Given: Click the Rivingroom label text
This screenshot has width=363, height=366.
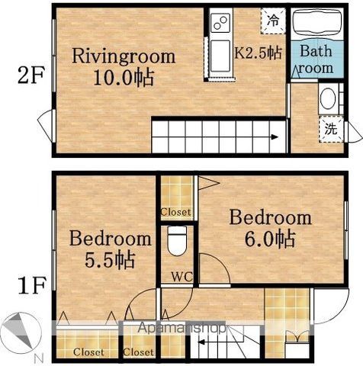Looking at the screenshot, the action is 124,56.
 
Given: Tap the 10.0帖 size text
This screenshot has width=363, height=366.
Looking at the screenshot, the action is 124,77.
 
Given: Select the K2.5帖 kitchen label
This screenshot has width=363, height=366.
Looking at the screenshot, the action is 258,53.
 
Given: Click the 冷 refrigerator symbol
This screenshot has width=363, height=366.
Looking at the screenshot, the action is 273,21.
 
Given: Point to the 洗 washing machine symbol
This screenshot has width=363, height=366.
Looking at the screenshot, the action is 331,129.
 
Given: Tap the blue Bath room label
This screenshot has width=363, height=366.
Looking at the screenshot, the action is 316,59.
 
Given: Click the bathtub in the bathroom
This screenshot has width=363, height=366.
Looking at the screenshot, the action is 316,24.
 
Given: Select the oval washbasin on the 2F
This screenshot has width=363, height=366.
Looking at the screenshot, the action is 328,98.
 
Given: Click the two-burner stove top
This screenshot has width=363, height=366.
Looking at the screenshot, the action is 220,22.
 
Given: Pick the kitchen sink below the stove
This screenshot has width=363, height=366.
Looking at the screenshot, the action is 220,56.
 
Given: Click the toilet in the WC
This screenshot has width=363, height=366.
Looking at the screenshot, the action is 177,241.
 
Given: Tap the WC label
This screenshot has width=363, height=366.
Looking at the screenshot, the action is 182,277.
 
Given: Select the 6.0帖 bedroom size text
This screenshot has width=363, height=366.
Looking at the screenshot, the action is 270,239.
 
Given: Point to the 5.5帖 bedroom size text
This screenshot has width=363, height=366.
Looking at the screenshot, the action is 110,260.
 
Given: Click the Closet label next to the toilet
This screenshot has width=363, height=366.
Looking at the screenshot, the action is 175,212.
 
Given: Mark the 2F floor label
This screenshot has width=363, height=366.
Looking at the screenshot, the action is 31,75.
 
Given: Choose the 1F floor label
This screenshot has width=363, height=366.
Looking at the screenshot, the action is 32,285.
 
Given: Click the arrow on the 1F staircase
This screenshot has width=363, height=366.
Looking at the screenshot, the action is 213,342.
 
